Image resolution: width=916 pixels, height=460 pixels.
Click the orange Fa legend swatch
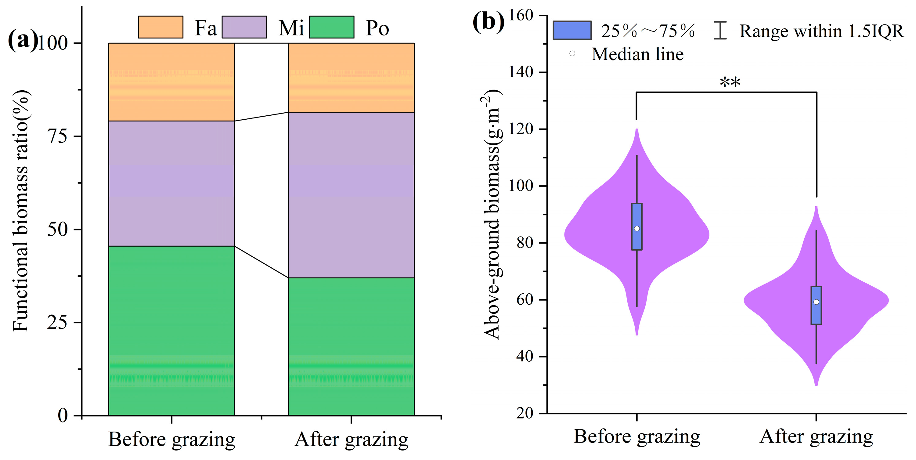click(x=160, y=27)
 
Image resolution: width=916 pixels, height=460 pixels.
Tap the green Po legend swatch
click(x=331, y=27)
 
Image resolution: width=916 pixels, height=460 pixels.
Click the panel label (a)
click(x=22, y=40)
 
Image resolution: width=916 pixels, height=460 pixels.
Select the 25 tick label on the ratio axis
click(x=57, y=323)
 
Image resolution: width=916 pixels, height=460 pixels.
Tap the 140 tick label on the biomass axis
click(x=521, y=72)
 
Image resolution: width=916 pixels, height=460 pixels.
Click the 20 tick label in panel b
click(x=525, y=413)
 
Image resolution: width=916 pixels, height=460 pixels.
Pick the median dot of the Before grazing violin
click(x=637, y=228)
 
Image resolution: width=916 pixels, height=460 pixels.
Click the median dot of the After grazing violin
click(x=816, y=302)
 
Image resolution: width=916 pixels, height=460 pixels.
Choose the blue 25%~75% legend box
click(x=572, y=31)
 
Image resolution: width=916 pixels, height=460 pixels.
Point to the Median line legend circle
click(x=572, y=54)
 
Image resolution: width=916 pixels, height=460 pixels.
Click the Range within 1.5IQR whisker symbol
click(x=720, y=31)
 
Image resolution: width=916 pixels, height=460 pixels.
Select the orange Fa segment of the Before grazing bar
click(x=171, y=82)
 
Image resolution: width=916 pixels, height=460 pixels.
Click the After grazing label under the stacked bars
click(x=351, y=439)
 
